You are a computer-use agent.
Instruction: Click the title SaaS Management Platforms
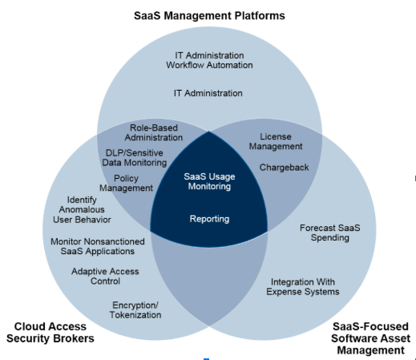click(209, 15)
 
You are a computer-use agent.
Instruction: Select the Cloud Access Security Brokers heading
click(50, 333)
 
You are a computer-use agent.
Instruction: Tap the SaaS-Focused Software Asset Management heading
click(370, 338)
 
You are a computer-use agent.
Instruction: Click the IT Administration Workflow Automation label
click(209, 60)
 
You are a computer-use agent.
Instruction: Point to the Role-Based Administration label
click(154, 132)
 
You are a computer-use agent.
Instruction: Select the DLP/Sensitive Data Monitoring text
click(135, 158)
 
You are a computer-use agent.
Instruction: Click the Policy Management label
click(126, 183)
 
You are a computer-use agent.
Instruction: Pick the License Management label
click(276, 141)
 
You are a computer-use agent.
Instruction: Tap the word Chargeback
click(284, 168)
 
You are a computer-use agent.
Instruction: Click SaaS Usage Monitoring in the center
click(209, 181)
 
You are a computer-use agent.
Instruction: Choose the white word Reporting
click(209, 219)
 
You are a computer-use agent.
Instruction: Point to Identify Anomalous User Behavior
click(82, 209)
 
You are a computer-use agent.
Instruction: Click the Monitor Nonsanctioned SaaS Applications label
click(98, 246)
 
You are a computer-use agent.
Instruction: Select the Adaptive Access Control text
click(105, 276)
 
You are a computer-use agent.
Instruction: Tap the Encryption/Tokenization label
click(135, 309)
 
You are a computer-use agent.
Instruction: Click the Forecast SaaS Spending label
click(330, 233)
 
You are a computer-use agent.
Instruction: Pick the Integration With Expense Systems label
click(303, 286)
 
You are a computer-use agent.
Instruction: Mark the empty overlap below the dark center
click(209, 278)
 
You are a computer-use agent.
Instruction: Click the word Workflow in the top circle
click(185, 65)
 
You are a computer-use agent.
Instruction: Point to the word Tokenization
click(135, 315)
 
